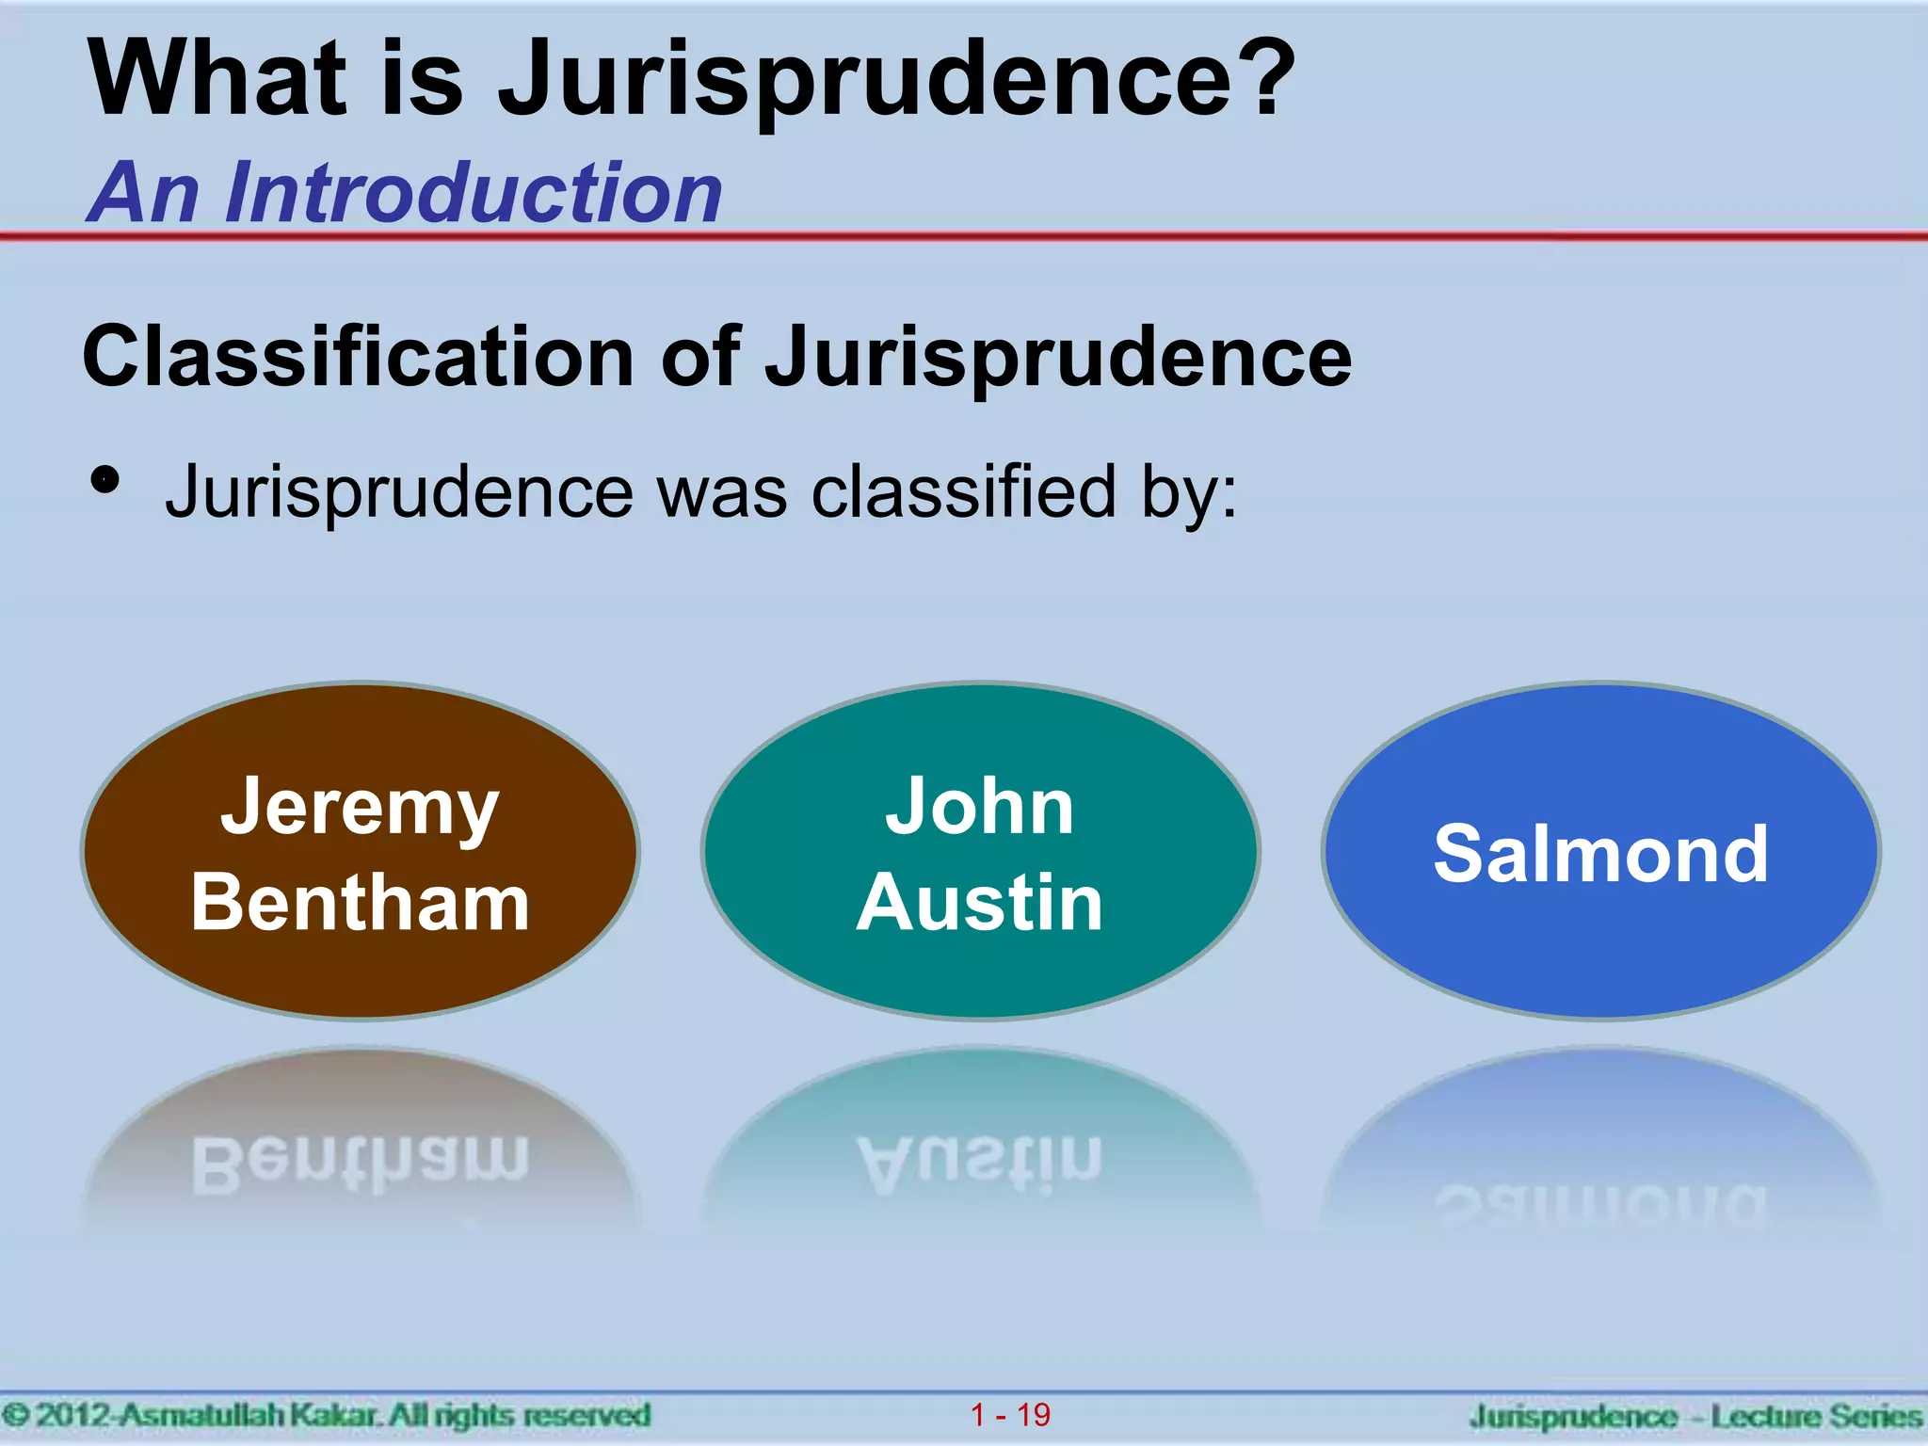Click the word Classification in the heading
pos(359,357)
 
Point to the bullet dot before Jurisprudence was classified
pos(105,480)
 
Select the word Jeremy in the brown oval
pos(360,808)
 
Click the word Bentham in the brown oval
pos(360,902)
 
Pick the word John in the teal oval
pos(979,807)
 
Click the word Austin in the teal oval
pos(979,902)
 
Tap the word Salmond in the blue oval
pos(1600,854)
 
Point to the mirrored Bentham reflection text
pos(360,1164)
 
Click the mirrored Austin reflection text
pos(979,1164)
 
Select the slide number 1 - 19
pos(1010,1414)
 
